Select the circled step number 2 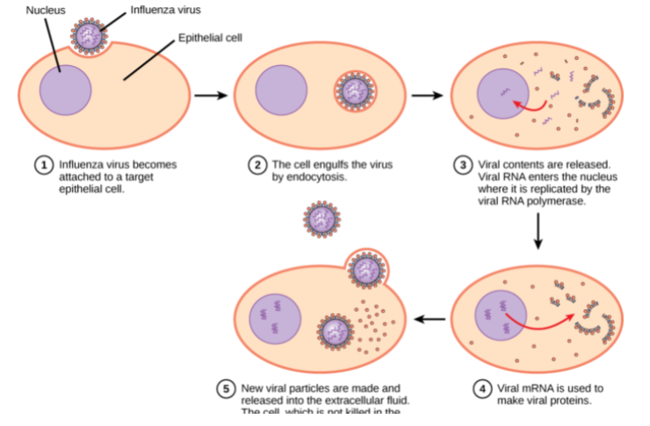[257, 164]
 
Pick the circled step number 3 [463, 164]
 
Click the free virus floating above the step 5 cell [322, 220]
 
